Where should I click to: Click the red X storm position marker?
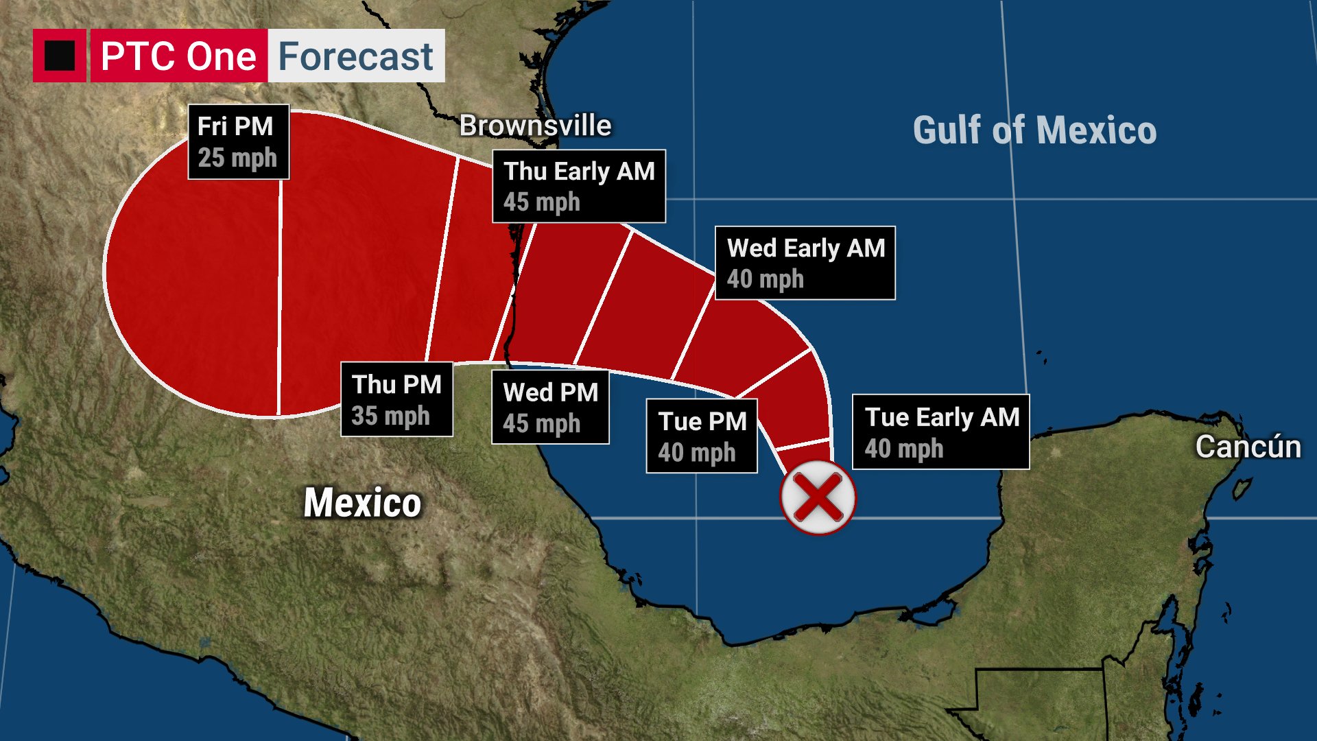(818, 497)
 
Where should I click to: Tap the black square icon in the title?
(60, 56)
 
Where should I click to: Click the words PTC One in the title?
(178, 56)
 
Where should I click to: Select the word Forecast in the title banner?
(355, 56)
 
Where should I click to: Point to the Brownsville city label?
(535, 126)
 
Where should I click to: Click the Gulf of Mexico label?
(1034, 130)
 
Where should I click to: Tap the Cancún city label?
(1248, 447)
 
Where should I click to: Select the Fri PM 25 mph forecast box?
(238, 142)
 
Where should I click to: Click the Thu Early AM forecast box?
(578, 186)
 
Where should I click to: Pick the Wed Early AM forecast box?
(805, 263)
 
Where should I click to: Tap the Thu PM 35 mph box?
(396, 399)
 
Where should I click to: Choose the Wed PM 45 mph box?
(550, 408)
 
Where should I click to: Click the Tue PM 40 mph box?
(702, 436)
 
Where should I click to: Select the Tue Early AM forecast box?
(940, 432)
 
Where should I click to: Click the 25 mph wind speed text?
(237, 158)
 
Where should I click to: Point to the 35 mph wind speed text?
(390, 416)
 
